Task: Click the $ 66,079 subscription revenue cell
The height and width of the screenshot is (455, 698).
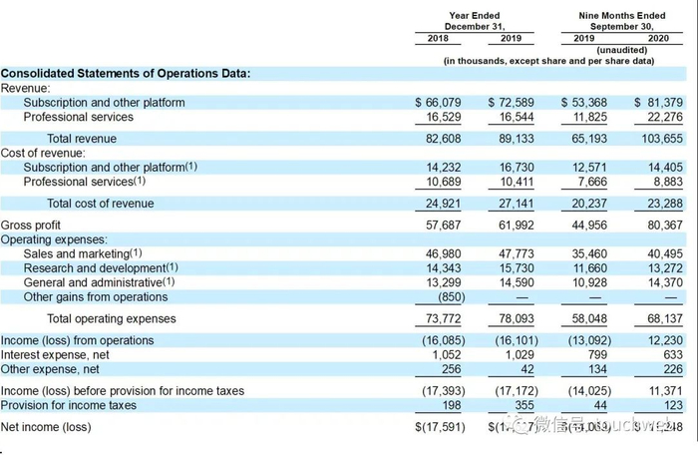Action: pos(438,103)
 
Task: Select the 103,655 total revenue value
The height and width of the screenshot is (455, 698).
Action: pos(658,139)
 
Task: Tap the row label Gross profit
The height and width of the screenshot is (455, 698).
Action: pos(31,226)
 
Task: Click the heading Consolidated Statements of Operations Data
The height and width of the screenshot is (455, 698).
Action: pos(125,73)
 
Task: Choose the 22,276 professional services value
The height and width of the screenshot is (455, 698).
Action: pos(662,117)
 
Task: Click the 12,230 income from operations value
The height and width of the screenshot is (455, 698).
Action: pos(662,340)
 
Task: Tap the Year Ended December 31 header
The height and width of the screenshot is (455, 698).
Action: pos(475,21)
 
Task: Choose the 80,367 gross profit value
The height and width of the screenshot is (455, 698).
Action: pos(662,226)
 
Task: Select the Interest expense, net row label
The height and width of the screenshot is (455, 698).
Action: pos(59,354)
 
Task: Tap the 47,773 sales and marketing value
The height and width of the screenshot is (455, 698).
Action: pos(511,254)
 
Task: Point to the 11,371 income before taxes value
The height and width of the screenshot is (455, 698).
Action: pos(662,391)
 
